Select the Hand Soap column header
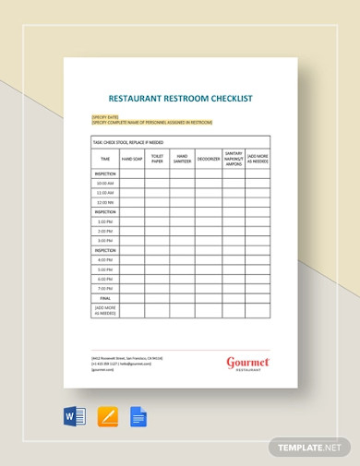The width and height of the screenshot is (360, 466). (132, 159)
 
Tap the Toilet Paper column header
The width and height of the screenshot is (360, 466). (157, 159)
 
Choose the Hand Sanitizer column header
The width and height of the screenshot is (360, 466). (182, 159)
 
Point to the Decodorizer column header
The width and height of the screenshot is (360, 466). (208, 159)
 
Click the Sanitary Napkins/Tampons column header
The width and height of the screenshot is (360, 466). (234, 159)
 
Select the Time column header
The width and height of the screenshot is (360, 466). (105, 159)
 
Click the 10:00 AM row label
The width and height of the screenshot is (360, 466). (105, 183)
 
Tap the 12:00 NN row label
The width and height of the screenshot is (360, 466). (105, 202)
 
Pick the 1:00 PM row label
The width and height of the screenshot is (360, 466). (105, 221)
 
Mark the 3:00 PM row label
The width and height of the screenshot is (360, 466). (105, 240)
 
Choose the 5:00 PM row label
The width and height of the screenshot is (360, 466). (105, 269)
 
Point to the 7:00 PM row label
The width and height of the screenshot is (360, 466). (105, 288)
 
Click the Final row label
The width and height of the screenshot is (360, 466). (105, 297)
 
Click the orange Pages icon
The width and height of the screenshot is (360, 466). (108, 418)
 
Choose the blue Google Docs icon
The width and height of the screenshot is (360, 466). (139, 418)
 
